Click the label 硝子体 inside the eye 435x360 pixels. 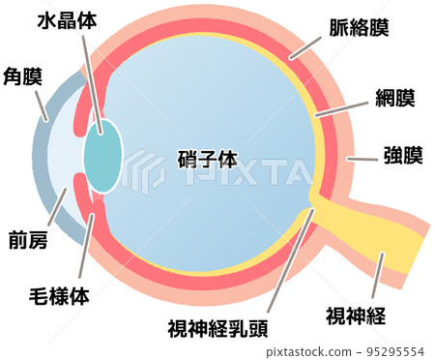click(x=208, y=159)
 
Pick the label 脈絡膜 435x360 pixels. click(x=357, y=26)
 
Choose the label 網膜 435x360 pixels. click(x=394, y=98)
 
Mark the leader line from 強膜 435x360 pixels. click(x=363, y=156)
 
